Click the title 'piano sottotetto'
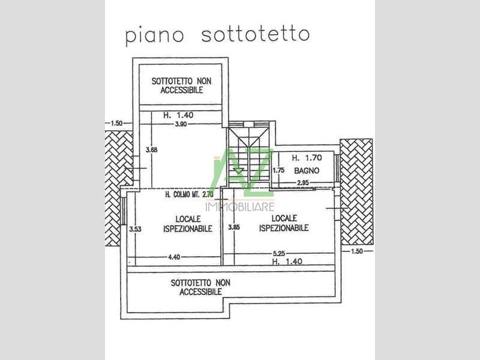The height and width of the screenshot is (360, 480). click(217, 35)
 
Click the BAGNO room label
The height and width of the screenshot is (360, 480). click(307, 170)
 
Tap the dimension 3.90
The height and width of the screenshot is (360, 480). click(181, 124)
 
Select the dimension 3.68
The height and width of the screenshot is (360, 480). click(152, 150)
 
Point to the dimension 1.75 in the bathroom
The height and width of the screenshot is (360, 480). click(278, 170)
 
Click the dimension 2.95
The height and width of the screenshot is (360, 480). click(303, 183)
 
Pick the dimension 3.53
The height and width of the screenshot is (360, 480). click(135, 229)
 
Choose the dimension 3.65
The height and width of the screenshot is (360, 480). click(234, 227)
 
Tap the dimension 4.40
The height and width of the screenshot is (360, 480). click(174, 257)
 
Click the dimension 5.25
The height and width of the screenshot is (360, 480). click(279, 253)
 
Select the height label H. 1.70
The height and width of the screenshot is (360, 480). click(307, 158)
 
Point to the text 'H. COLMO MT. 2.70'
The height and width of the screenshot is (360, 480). click(189, 194)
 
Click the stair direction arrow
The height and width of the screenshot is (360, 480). click(238, 170)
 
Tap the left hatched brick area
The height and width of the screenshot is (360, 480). click(119, 188)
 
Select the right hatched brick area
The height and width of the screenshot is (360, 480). click(356, 192)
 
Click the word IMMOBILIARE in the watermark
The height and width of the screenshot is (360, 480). click(240, 207)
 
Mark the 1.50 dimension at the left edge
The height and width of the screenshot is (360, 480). click(116, 124)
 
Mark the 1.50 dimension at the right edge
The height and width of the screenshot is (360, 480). click(357, 251)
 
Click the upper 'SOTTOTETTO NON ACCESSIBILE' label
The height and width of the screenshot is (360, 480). click(182, 85)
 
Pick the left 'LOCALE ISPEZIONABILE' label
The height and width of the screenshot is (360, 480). click(188, 224)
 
